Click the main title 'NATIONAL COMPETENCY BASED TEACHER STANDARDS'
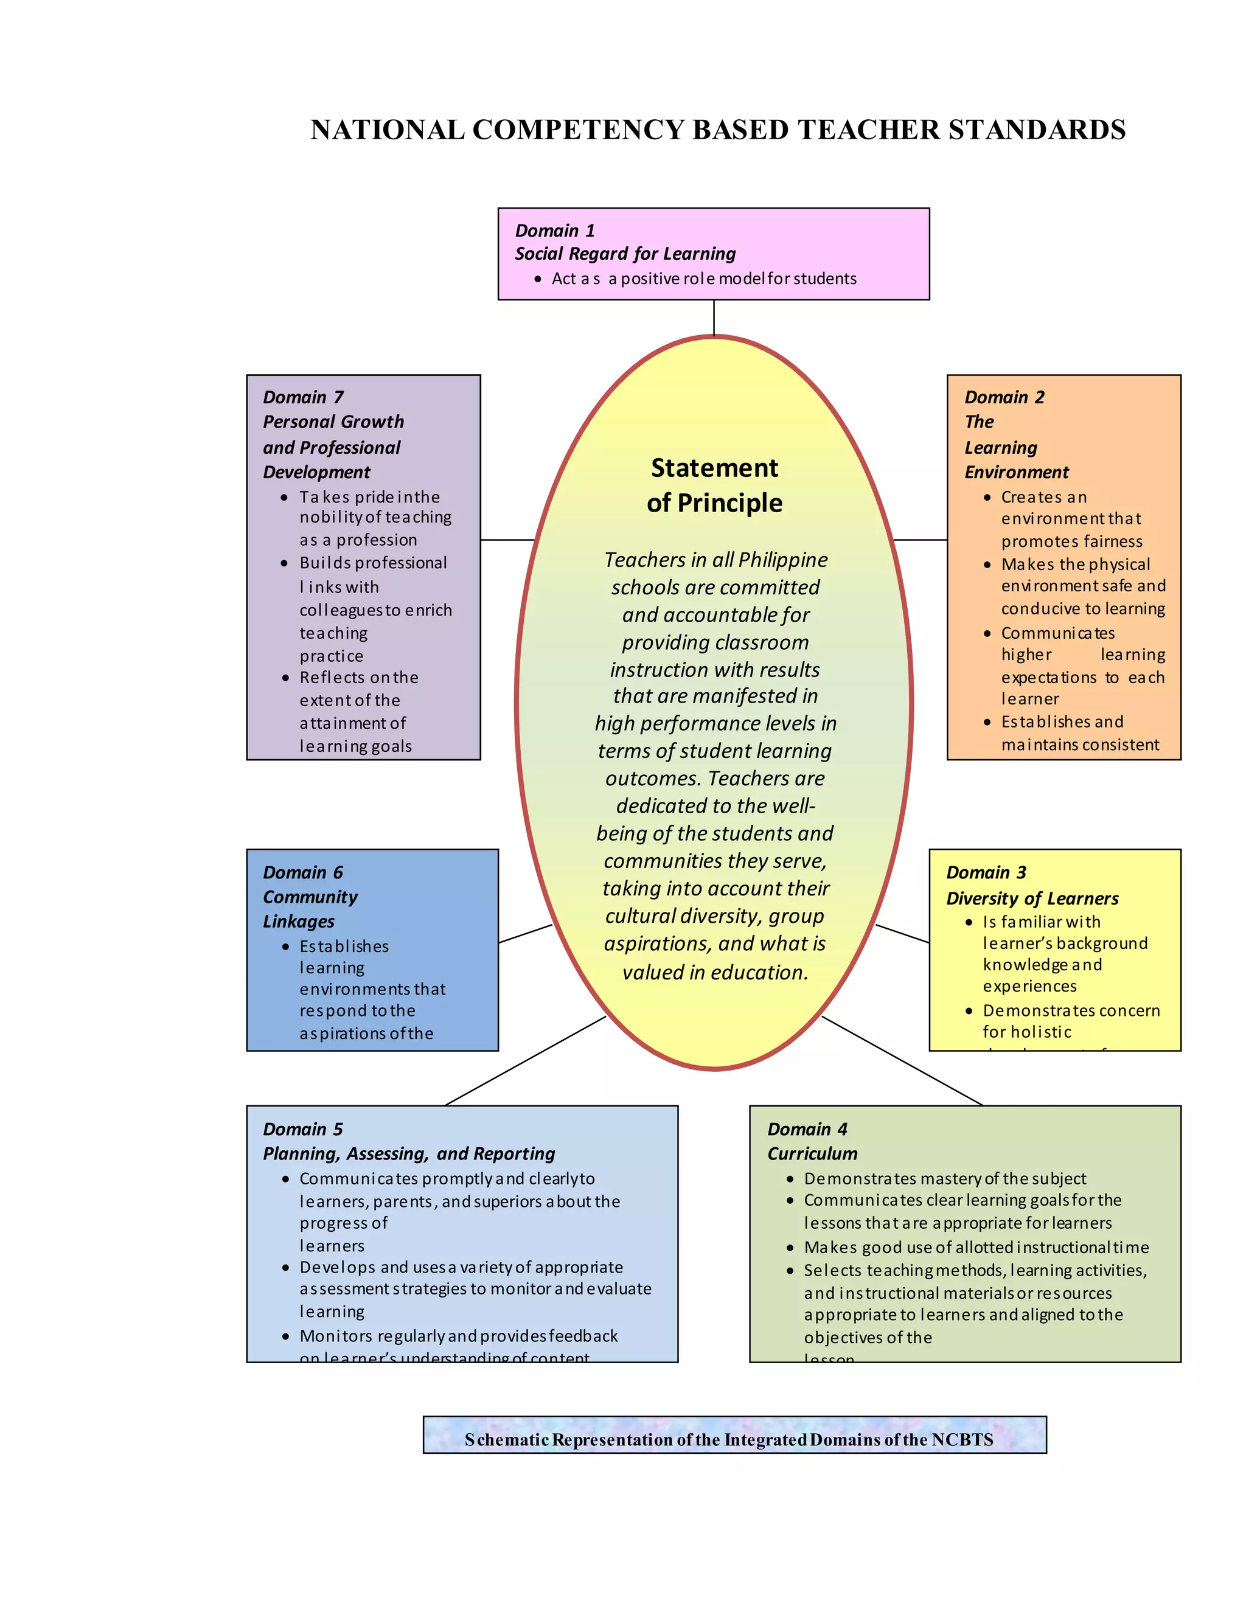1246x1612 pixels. [717, 130]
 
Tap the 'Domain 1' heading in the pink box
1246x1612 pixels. [554, 231]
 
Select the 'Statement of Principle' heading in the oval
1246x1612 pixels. [714, 485]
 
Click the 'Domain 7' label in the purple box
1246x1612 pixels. [302, 397]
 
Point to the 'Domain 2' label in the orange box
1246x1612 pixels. [1004, 397]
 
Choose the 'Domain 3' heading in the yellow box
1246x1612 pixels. [986, 872]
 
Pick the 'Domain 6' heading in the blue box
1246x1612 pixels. [302, 872]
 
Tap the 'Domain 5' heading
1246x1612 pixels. [302, 1129]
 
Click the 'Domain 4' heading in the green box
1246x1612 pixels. [807, 1129]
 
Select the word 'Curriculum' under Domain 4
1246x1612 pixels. [812, 1153]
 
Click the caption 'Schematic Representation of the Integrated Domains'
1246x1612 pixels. [728, 1439]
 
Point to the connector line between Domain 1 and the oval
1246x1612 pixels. [714, 318]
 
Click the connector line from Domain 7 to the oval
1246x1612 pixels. [507, 540]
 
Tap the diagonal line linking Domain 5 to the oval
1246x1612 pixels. [526, 1061]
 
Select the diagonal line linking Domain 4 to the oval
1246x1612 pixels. [902, 1061]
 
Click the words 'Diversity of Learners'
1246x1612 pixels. [1032, 898]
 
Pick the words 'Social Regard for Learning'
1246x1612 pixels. [625, 254]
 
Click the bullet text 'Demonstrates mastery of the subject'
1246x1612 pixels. [945, 1179]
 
